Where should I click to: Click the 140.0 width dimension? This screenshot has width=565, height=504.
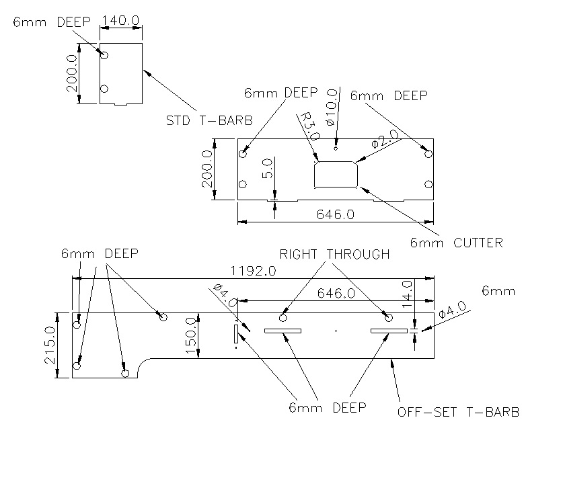[x=120, y=21]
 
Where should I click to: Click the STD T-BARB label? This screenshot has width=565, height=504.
[x=209, y=121]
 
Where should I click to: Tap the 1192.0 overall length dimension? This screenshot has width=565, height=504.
[x=253, y=271]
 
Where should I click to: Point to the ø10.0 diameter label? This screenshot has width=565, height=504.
[x=331, y=107]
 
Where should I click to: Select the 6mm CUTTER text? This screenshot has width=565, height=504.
[x=456, y=243]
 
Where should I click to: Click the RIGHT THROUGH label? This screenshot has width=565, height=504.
[x=334, y=254]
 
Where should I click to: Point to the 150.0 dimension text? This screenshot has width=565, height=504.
[x=190, y=336]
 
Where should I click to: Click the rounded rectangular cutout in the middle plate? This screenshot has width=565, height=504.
[x=336, y=175]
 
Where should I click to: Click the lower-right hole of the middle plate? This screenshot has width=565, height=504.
[x=428, y=183]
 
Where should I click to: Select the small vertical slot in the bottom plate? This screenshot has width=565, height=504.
[x=235, y=333]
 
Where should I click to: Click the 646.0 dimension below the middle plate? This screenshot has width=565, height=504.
[x=334, y=214]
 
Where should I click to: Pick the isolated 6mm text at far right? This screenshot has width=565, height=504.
[x=498, y=291]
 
